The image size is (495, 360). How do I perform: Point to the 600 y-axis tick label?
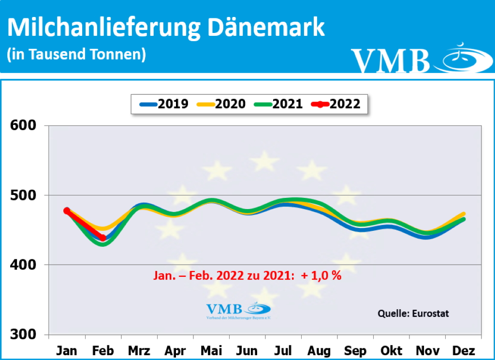(x=24, y=126)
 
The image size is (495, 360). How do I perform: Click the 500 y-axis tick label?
(x=24, y=195)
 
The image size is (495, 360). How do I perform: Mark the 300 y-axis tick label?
(x=24, y=335)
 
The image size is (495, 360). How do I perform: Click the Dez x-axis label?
(x=464, y=350)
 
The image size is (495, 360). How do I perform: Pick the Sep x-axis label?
(x=355, y=350)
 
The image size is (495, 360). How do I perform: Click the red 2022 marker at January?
(x=67, y=210)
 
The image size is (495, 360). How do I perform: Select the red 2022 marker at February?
(x=103, y=238)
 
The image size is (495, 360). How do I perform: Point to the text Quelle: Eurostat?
(x=413, y=314)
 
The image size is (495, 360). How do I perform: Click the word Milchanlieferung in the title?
(x=104, y=28)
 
